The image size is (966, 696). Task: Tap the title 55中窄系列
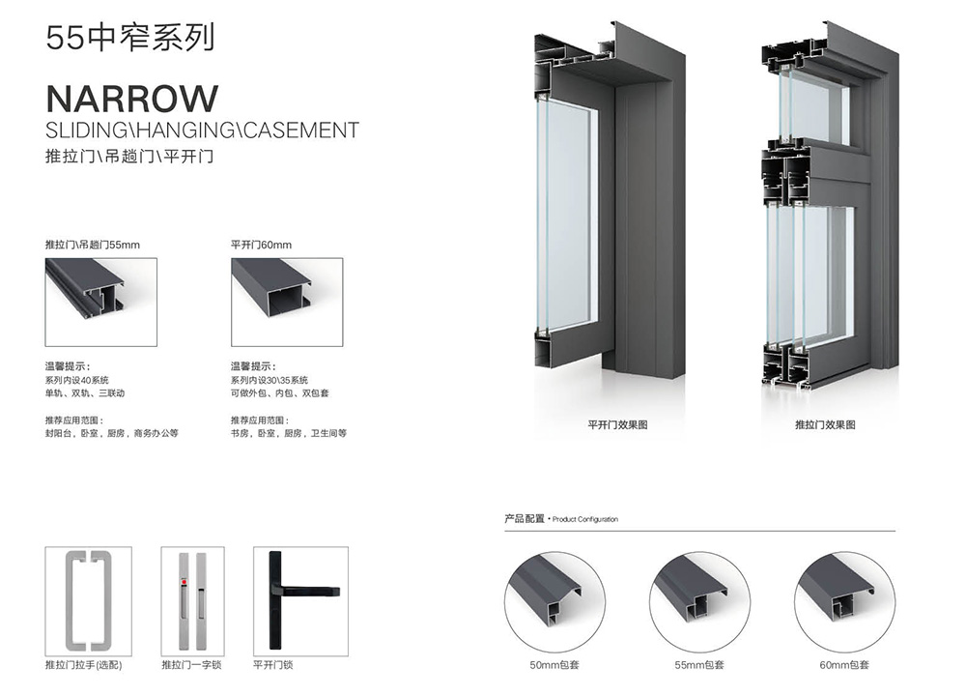[x=129, y=39]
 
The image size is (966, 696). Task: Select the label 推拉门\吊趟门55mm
[x=93, y=246]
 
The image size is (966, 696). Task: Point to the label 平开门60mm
[x=261, y=246]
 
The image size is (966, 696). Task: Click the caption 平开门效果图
[x=617, y=424]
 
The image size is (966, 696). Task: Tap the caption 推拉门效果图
[x=825, y=424]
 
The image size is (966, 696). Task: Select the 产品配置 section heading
[x=525, y=519]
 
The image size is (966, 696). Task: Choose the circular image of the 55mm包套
[x=699, y=599]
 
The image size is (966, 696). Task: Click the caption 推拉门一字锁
[x=191, y=665]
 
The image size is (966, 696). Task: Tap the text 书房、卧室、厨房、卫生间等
[x=288, y=434]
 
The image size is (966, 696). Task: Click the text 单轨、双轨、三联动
[x=85, y=393]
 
